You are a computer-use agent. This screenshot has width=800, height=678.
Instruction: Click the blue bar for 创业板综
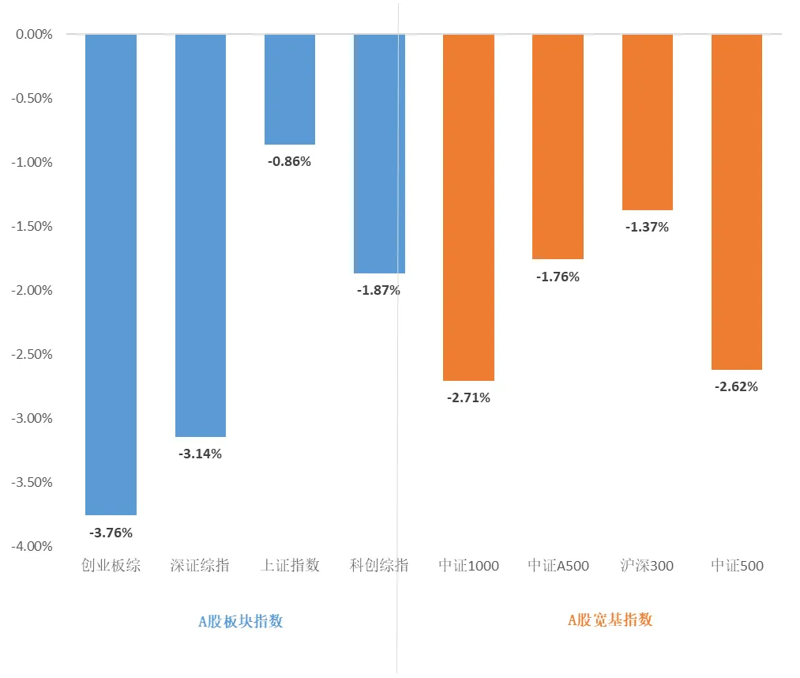click(x=111, y=274)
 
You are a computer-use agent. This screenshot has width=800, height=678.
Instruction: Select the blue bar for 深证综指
click(x=201, y=235)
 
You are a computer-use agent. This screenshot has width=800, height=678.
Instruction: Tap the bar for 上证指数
click(x=290, y=89)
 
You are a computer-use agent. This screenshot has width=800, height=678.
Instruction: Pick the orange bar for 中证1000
click(x=468, y=207)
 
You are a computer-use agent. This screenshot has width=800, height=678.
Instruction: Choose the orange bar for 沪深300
click(x=648, y=122)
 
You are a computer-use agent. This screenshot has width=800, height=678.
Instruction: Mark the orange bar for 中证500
click(x=737, y=202)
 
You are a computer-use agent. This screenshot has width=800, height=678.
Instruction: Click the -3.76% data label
click(x=111, y=533)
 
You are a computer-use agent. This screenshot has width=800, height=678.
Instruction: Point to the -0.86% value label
click(x=290, y=162)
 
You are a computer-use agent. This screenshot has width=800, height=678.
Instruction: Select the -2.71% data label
click(x=468, y=398)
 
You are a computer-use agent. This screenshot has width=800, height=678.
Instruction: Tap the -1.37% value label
click(x=648, y=228)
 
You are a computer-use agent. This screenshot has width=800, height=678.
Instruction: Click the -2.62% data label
click(x=737, y=387)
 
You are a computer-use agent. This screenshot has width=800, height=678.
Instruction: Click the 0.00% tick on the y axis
click(x=33, y=35)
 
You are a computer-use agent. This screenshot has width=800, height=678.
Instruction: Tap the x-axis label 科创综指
click(x=379, y=566)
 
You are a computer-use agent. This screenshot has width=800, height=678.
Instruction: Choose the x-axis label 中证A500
click(x=558, y=566)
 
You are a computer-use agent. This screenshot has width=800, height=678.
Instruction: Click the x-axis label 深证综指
click(x=201, y=566)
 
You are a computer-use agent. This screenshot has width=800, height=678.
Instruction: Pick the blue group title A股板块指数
click(x=240, y=621)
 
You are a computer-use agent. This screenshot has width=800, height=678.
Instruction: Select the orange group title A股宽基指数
click(x=610, y=620)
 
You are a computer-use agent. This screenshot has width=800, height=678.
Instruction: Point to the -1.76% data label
click(x=558, y=277)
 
